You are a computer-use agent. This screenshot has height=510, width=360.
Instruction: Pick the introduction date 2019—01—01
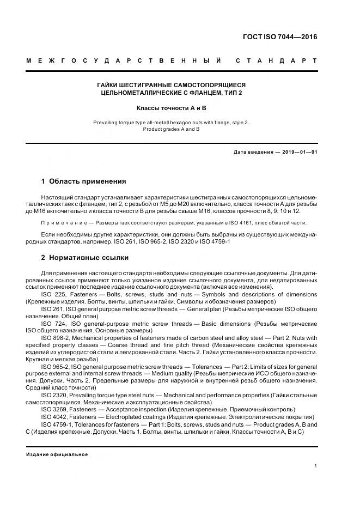[297, 152]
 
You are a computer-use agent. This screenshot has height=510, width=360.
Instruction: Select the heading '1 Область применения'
[83, 181]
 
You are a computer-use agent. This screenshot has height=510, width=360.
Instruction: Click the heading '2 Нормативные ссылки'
[85, 258]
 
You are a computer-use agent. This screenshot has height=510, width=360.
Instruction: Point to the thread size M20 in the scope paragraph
[192, 203]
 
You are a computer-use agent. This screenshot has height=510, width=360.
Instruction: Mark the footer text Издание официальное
[57, 454]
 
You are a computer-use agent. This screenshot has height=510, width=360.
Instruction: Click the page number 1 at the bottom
[315, 465]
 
